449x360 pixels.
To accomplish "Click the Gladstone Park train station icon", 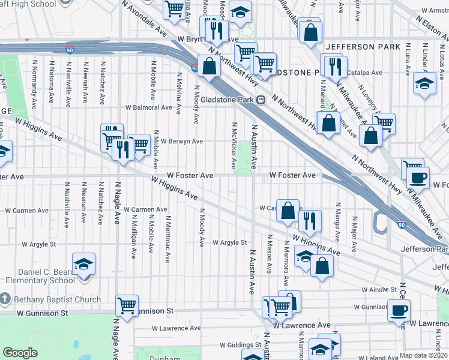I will point(261,100).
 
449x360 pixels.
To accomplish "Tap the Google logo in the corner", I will point(20,353).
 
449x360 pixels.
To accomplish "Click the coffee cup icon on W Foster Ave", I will point(418,178).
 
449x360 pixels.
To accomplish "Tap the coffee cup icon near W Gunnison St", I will point(399,310).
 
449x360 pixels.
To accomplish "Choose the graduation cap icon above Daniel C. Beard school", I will point(83,263).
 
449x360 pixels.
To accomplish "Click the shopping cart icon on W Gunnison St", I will point(127,305).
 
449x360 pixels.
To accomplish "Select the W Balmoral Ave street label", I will point(148,108).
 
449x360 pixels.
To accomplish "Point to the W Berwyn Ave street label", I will point(181,142).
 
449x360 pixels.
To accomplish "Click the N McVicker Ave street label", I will point(234,146).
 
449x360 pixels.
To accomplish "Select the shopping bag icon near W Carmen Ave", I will point(288,211).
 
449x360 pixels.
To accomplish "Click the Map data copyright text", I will point(423,355).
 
